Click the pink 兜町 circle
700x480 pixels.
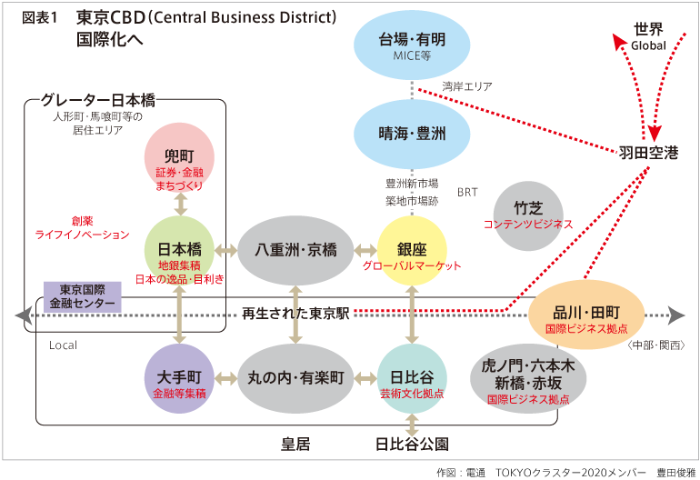click(x=180, y=157)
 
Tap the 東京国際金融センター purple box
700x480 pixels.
click(x=82, y=295)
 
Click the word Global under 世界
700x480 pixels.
click(x=648, y=45)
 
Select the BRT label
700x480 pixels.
click(x=467, y=192)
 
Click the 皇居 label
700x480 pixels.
click(x=295, y=445)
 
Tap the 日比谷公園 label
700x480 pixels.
click(x=412, y=445)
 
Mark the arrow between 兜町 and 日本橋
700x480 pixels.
click(x=180, y=204)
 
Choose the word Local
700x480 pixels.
click(x=63, y=345)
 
